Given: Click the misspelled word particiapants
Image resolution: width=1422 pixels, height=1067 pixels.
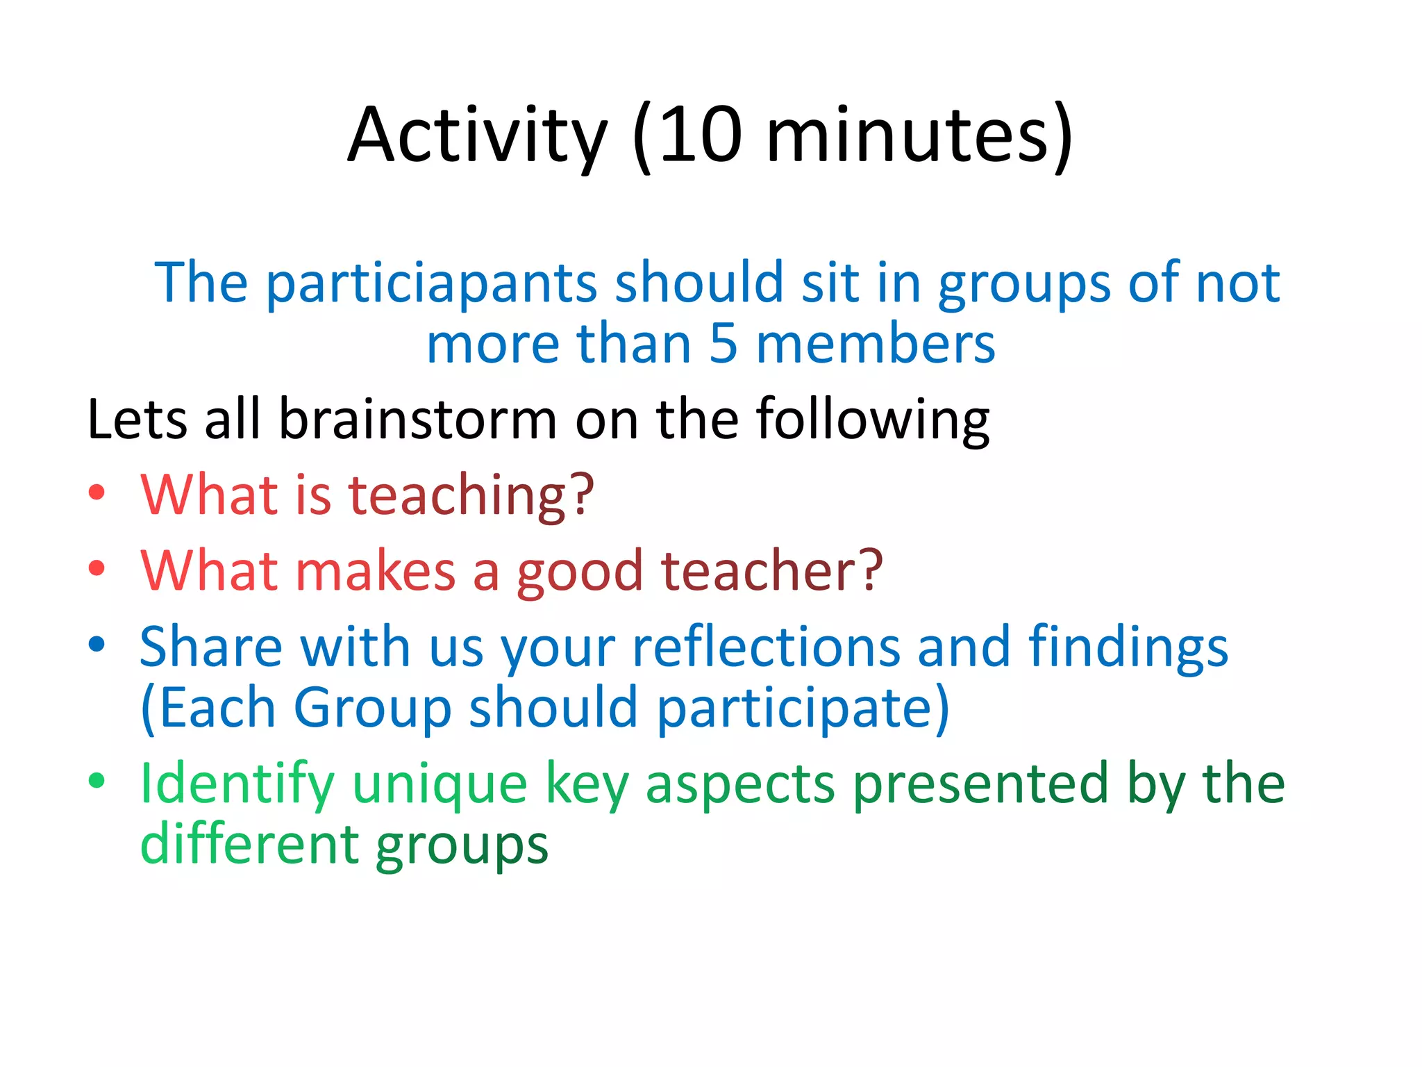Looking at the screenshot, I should pyautogui.click(x=431, y=284).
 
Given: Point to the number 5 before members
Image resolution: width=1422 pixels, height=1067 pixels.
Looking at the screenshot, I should pyautogui.click(x=723, y=344).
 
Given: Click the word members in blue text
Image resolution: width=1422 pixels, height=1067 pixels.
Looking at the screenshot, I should pyautogui.click(x=876, y=344).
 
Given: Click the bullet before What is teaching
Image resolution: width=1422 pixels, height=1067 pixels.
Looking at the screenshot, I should pyautogui.click(x=97, y=493).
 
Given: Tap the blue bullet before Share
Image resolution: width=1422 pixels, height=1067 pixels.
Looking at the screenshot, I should pyautogui.click(x=97, y=644).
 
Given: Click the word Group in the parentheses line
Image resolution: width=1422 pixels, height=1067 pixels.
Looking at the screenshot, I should pyautogui.click(x=373, y=708).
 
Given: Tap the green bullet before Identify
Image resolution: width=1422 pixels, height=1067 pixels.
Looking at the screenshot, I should pyautogui.click(x=97, y=780).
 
